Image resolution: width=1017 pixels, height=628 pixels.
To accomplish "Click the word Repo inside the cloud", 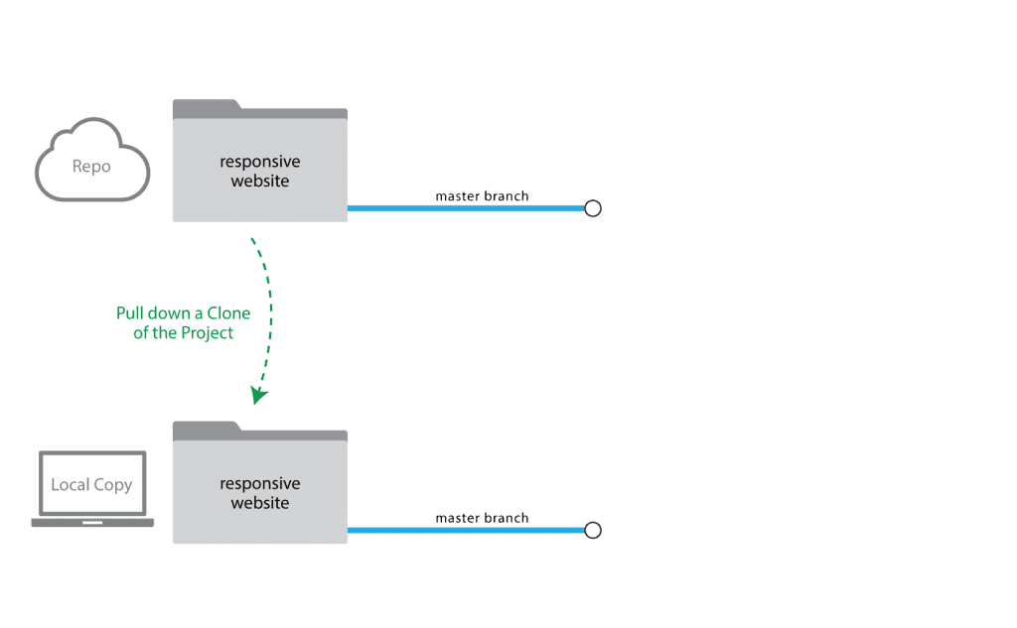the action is pyautogui.click(x=91, y=167).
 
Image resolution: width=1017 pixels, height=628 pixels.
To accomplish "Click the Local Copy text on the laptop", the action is pyautogui.click(x=91, y=485).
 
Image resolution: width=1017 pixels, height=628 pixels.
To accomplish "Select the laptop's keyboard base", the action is pyautogui.click(x=92, y=523).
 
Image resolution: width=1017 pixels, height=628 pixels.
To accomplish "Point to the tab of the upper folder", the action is pyautogui.click(x=207, y=105).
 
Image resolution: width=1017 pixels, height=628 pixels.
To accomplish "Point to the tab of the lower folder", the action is pyautogui.click(x=207, y=427).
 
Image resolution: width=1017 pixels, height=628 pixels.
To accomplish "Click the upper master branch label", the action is pyautogui.click(x=482, y=195).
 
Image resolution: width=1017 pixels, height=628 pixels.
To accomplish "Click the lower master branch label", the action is pyautogui.click(x=482, y=518).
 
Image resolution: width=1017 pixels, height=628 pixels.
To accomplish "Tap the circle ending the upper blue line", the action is pyautogui.click(x=593, y=208).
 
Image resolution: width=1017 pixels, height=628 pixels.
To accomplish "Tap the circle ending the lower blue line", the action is pyautogui.click(x=593, y=530).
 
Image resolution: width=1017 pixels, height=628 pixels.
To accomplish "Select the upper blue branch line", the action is pyautogui.click(x=466, y=208).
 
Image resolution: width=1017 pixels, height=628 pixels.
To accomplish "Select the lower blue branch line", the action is pyautogui.click(x=466, y=530).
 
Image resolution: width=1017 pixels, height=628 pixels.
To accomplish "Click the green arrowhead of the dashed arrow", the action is pyautogui.click(x=259, y=395).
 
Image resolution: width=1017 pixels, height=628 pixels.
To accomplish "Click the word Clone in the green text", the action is pyautogui.click(x=228, y=314).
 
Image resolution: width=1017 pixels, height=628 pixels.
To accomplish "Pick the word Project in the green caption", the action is pyautogui.click(x=207, y=333).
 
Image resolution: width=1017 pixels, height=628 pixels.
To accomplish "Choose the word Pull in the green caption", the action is pyautogui.click(x=130, y=314).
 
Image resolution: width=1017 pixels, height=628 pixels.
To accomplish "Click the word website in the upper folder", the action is pyautogui.click(x=260, y=181).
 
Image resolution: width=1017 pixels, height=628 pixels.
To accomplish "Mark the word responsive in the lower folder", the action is pyautogui.click(x=260, y=484).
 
